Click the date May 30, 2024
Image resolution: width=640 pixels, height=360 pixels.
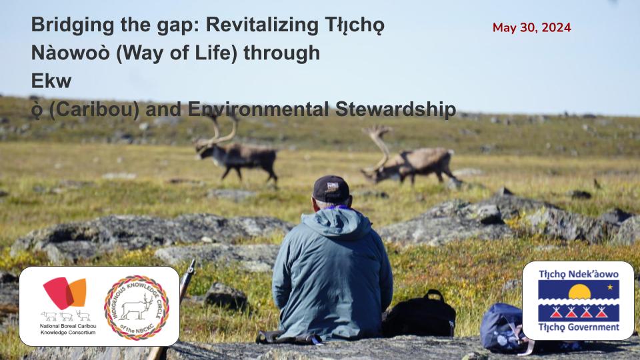tap(531, 27)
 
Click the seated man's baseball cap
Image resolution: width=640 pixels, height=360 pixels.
tap(331, 189)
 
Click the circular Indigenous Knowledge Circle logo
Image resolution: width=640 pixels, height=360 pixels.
tap(137, 307)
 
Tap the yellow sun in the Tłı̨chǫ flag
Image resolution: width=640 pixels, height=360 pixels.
tap(579, 291)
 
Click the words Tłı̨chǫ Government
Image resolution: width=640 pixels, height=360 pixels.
tap(578, 327)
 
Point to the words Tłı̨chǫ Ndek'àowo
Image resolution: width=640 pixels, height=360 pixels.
tap(578, 274)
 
